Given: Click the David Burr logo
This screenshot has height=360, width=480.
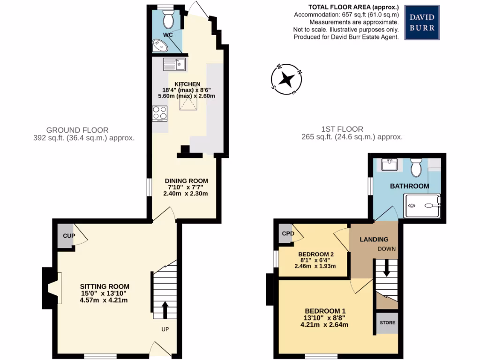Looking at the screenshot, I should (x=422, y=22).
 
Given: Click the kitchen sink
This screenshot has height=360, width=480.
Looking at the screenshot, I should (x=174, y=64).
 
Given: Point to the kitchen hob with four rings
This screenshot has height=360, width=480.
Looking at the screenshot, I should (x=160, y=113).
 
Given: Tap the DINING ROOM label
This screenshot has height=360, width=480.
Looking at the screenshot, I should (x=186, y=181).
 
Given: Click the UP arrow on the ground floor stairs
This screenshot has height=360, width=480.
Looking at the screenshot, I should (x=165, y=309).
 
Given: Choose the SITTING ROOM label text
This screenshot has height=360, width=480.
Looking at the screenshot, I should (x=104, y=286).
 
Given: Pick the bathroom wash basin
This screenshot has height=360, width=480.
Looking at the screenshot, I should (x=390, y=165).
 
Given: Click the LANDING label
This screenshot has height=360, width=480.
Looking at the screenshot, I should (x=374, y=239).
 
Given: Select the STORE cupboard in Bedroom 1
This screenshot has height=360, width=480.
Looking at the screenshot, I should (x=388, y=323).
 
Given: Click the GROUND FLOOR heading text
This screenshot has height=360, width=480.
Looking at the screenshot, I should (x=77, y=130).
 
